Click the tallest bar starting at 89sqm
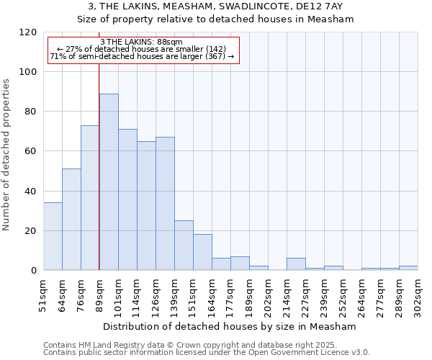coord(109,181)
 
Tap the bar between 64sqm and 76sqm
coord(71,220)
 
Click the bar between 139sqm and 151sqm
coord(184,246)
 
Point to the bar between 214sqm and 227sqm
coord(296,264)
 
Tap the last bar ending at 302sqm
coord(408,268)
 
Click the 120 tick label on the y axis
coord(29,32)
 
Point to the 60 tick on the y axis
coord(32,151)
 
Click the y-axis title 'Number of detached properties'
coord(6,155)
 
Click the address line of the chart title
coord(215,6)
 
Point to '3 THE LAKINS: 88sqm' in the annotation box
coord(141,42)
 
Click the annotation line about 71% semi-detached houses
coord(142,56)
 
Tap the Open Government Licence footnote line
coord(207,353)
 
